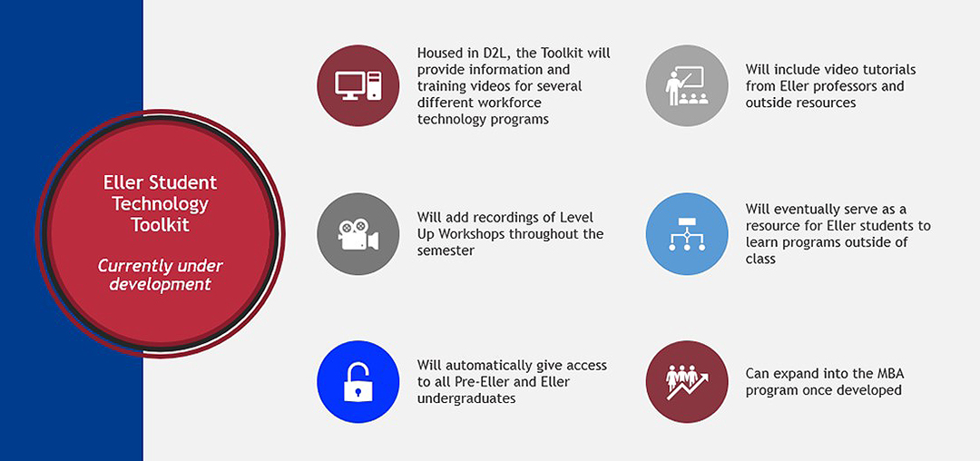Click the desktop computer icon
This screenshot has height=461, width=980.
tap(358, 85)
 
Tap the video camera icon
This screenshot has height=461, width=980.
tap(358, 234)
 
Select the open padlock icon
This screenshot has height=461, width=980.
tap(358, 382)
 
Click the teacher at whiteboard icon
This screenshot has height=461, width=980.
tap(687, 85)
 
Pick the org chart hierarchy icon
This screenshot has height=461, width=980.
tap(687, 233)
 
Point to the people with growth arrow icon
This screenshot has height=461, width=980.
tap(687, 382)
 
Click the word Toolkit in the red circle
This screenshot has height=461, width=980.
tap(161, 224)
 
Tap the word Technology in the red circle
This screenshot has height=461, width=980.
tap(161, 203)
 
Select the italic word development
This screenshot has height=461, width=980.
tap(160, 284)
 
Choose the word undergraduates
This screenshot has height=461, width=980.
tap(466, 397)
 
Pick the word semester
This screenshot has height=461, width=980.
tap(446, 250)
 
